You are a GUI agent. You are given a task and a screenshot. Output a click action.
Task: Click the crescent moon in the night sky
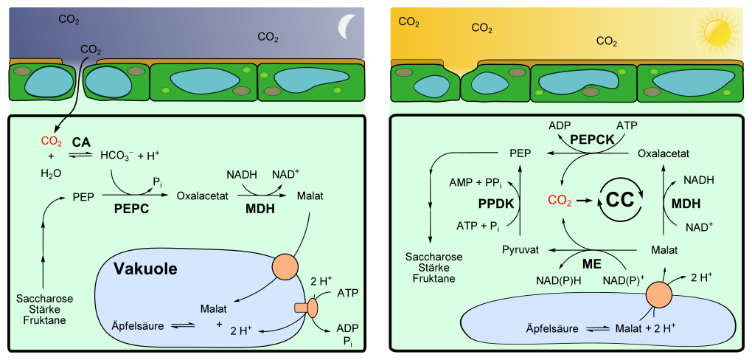[344, 27]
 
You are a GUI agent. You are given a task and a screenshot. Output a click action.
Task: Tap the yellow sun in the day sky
[715, 32]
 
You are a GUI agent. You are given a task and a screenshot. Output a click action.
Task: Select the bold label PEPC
[132, 210]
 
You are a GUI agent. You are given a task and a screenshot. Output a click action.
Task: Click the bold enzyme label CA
[81, 141]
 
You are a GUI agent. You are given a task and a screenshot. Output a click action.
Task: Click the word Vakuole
[145, 269]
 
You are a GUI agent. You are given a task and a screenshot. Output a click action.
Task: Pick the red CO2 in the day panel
[560, 199]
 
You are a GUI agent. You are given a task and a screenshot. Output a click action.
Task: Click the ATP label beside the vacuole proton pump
[347, 294]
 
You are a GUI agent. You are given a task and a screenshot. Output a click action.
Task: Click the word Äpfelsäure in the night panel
[136, 325]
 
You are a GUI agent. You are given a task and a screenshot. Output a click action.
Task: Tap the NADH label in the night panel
[240, 174]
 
